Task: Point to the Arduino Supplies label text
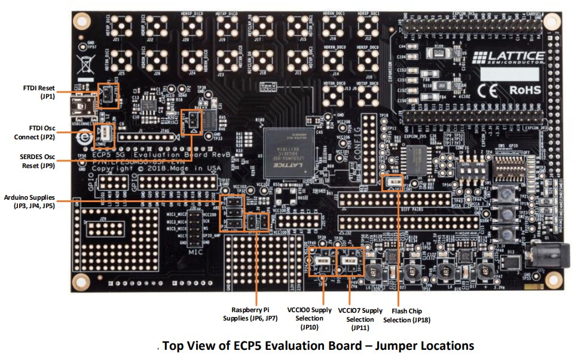29,201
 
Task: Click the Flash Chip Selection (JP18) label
411,315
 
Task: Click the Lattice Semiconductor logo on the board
508,58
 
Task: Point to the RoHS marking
525,90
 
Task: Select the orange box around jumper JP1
108,94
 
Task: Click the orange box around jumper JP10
323,260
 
